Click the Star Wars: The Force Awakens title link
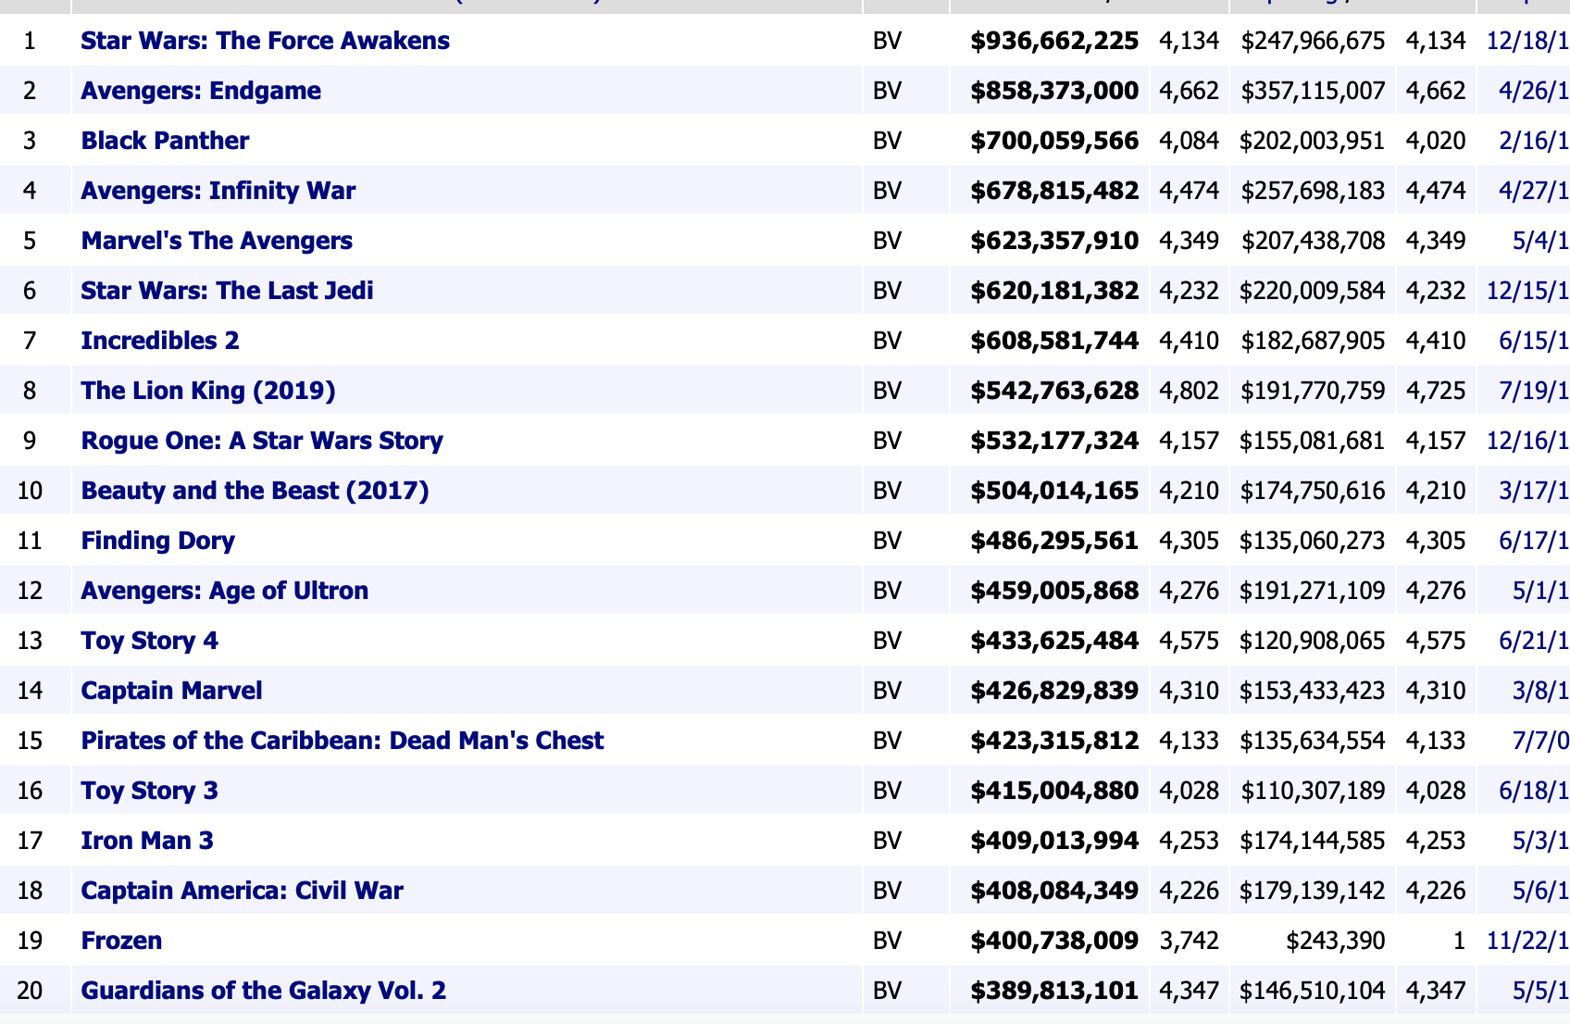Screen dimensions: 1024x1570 click(x=265, y=41)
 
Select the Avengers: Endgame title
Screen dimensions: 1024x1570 click(x=201, y=91)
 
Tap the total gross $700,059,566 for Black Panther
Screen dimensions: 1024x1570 click(x=1054, y=141)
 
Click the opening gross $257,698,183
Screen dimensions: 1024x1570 click(x=1313, y=191)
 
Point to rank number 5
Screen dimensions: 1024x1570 click(x=31, y=241)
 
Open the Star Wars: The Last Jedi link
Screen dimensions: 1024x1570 click(x=227, y=291)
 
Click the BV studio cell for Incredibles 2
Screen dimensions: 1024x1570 click(x=887, y=341)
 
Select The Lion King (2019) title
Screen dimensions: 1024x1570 click(x=208, y=391)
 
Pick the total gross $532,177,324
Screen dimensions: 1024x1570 click(x=1054, y=441)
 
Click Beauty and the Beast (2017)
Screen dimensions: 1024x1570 click(x=255, y=491)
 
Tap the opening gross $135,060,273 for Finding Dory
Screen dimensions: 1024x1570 click(x=1313, y=541)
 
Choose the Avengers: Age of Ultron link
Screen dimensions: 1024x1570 click(x=224, y=591)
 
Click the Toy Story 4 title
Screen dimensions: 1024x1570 click(x=150, y=641)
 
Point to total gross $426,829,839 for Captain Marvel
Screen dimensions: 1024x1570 click(x=1054, y=691)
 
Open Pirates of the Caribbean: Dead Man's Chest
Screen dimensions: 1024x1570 click(x=342, y=741)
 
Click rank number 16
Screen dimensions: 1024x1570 click(x=31, y=791)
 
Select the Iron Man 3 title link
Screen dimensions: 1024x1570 click(x=147, y=841)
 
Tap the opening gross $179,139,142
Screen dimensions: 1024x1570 click(x=1313, y=891)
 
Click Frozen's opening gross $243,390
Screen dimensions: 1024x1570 click(x=1335, y=941)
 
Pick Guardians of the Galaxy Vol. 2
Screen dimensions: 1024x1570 click(x=263, y=991)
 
